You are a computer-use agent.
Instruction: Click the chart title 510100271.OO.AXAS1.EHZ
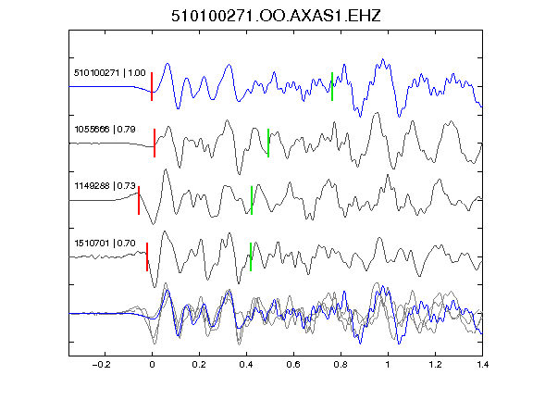point(276,16)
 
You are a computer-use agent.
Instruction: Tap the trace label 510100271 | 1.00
point(110,73)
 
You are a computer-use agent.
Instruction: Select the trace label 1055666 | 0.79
point(105,130)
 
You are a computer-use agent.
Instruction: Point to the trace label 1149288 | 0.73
point(105,186)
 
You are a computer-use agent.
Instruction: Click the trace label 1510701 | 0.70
point(105,243)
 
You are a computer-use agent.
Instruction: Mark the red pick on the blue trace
point(152,86)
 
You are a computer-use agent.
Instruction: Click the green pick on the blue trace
point(332,86)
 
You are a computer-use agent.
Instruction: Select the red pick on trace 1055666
point(155,143)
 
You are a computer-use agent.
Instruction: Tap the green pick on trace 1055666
point(268,143)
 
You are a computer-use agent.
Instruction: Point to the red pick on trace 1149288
point(139,200)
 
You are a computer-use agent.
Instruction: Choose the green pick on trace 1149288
point(252,200)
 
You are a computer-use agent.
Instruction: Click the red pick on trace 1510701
point(147,256)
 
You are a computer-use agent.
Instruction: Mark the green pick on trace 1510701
point(251,256)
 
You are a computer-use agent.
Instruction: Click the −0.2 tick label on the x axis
point(101,365)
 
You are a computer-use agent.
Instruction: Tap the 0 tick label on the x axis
point(152,365)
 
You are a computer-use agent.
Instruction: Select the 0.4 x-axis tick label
point(246,365)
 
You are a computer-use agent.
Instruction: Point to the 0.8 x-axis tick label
point(341,365)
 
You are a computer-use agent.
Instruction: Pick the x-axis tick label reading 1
point(388,365)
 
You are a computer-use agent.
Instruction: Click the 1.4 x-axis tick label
point(482,365)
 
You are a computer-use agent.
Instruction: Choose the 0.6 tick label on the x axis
point(293,365)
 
